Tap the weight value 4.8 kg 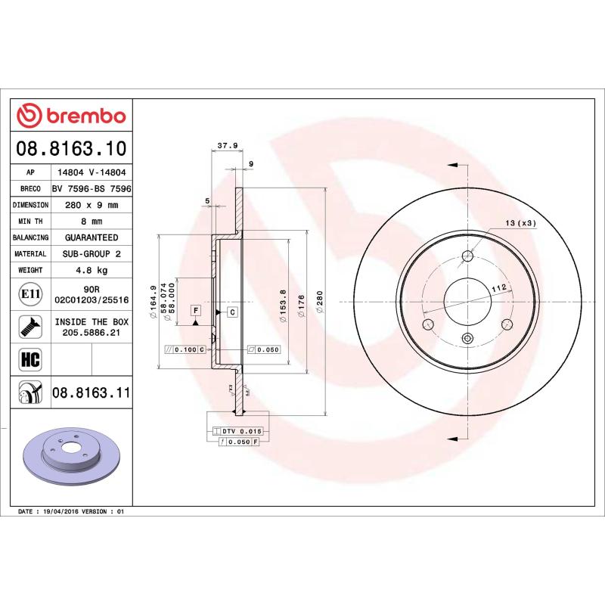(x=92, y=270)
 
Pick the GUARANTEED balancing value (x=92, y=237)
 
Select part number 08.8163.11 (x=92, y=392)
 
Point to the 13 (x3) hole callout (x=520, y=223)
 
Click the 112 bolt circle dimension (x=498, y=287)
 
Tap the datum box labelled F (x=195, y=311)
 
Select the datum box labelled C (x=231, y=312)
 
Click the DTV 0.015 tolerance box (x=238, y=430)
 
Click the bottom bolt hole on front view (x=467, y=338)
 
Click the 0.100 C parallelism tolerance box (x=185, y=350)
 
